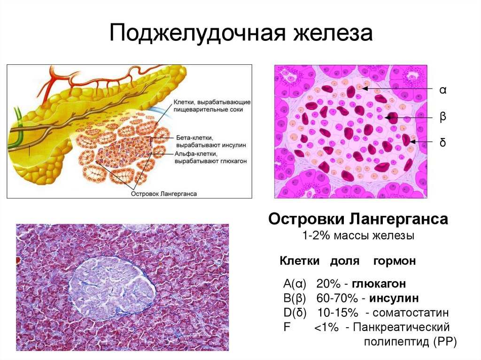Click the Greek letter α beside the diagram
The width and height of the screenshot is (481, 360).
[442, 90]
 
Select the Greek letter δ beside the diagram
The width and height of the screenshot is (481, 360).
[442, 142]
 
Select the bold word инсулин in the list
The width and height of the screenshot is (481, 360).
[394, 299]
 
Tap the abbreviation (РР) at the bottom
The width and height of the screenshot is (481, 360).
[443, 342]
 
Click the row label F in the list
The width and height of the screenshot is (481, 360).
[286, 327]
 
